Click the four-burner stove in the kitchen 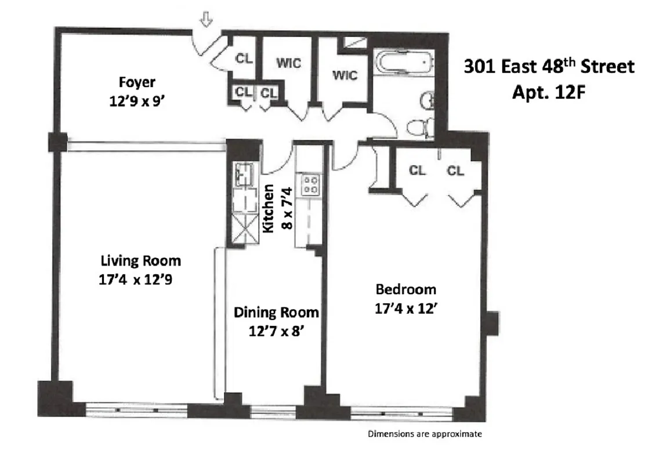click(309, 184)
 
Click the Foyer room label click(137, 81)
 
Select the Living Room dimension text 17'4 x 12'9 click(137, 280)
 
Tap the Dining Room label click(276, 313)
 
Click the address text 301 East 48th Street click(549, 67)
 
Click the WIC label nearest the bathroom click(345, 75)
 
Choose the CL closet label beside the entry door click(242, 59)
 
